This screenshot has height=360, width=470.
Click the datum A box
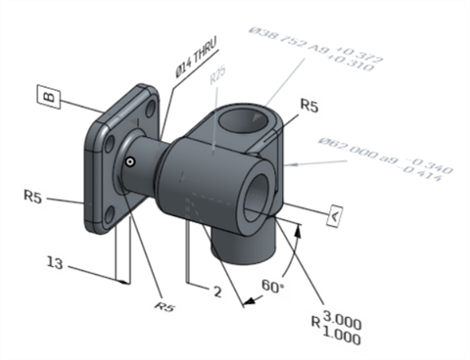[x=335, y=214]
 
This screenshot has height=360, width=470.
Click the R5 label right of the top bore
[x=310, y=105]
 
